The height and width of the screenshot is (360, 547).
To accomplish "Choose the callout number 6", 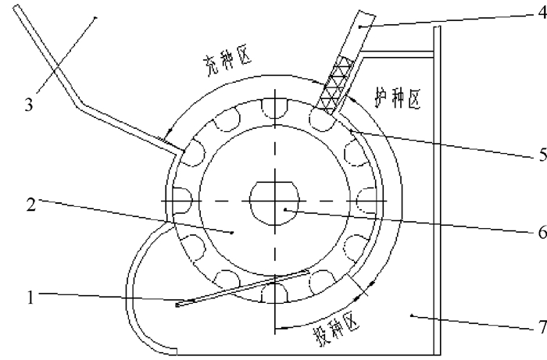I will click(x=538, y=232).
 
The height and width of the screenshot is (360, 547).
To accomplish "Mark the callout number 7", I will click(x=538, y=326).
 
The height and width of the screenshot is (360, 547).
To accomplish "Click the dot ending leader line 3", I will click(x=95, y=17).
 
